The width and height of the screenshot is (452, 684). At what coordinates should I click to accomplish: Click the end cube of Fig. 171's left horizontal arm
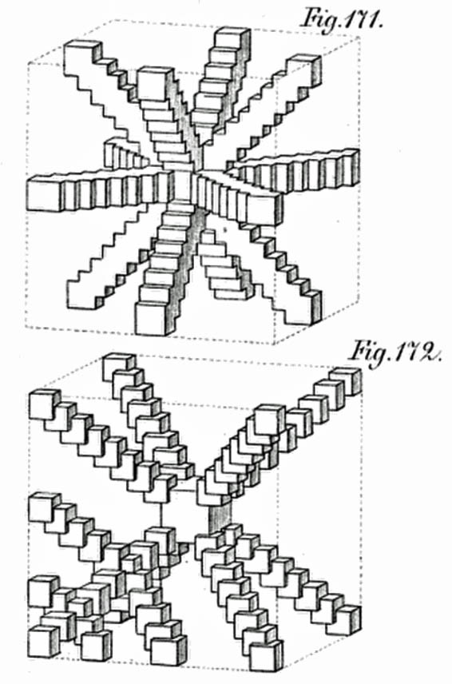46,193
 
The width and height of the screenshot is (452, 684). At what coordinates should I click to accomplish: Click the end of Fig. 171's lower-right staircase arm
305,309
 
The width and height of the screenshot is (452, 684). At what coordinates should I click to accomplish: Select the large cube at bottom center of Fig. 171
153,316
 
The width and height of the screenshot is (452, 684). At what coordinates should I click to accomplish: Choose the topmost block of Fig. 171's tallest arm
232,38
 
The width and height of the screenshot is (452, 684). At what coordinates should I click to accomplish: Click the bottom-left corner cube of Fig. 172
42,640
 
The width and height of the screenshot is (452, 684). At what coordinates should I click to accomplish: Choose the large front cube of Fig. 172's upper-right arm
269,420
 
